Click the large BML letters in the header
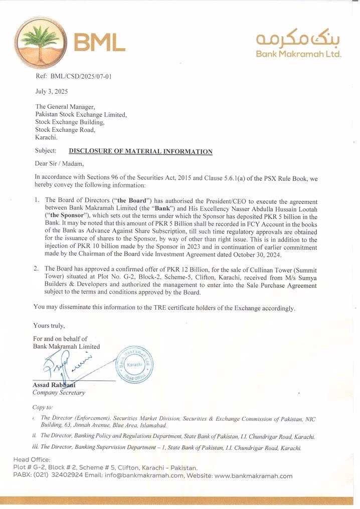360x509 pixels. pyautogui.click(x=99, y=43)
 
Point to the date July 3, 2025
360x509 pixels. pyautogui.click(x=51, y=92)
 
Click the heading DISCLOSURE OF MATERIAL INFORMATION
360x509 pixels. pyautogui.click(x=140, y=151)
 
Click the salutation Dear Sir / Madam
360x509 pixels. pyautogui.click(x=60, y=163)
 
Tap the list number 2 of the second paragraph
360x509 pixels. pyautogui.click(x=37, y=269)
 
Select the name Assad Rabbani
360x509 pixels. pyautogui.click(x=54, y=385)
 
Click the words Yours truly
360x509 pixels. pyautogui.click(x=49, y=326)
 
